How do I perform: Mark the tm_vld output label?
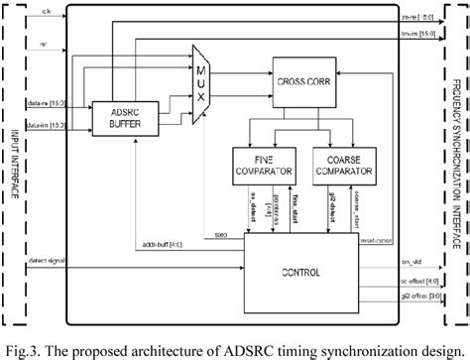(411, 260)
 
